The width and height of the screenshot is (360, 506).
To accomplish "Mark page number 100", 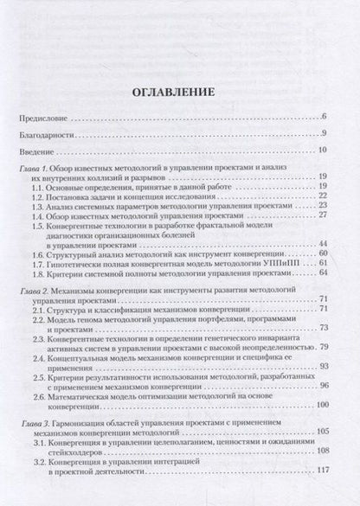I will coord(318,405).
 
